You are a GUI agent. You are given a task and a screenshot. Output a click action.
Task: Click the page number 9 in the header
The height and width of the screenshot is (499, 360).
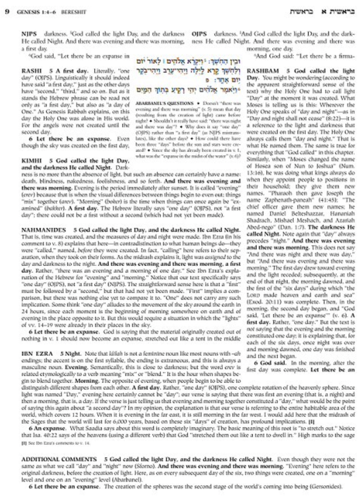point(7,12)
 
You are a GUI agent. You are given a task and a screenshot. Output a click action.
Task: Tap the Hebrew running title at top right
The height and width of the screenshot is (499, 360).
point(322,12)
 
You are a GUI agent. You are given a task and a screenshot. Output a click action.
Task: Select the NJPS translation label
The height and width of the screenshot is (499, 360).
point(29,34)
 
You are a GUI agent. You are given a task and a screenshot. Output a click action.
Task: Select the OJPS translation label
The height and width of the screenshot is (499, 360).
point(199,34)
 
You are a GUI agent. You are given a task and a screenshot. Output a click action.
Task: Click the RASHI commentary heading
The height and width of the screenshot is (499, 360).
point(30,71)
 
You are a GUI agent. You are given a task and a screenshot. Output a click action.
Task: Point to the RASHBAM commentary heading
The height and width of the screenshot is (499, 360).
point(263,71)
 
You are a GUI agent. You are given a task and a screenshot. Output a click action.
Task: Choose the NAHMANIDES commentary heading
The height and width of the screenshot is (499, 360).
point(43,230)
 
